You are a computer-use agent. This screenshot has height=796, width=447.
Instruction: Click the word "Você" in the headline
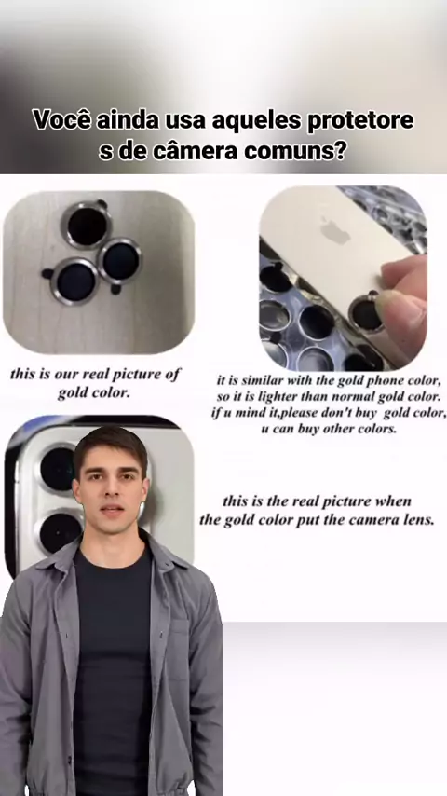pos(61,121)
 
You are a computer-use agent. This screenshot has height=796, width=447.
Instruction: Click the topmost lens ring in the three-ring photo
pos(87,225)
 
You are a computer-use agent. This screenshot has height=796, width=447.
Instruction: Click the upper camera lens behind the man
pos(58,469)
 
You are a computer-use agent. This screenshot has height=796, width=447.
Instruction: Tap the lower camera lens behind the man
pos(60,532)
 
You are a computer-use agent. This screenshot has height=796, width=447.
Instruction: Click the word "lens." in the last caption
pos(420,520)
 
